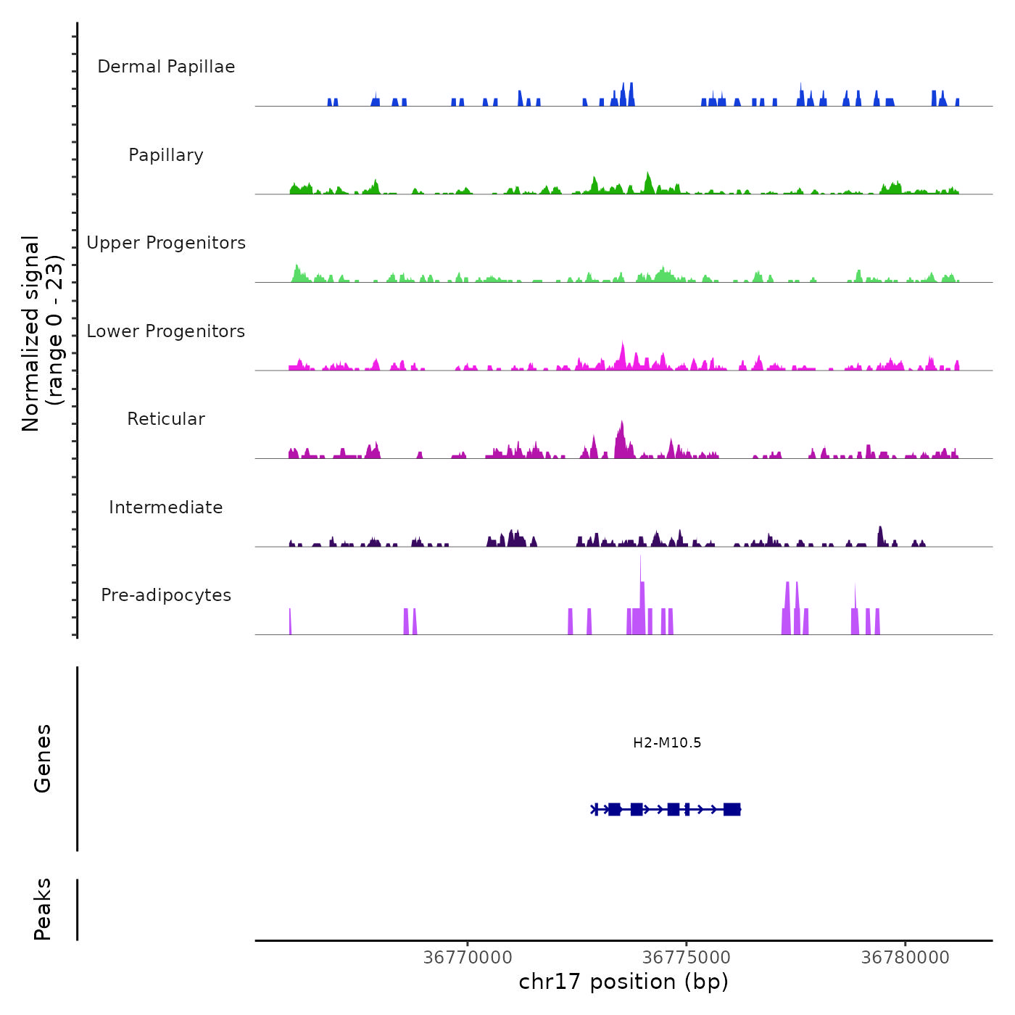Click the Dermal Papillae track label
(x=166, y=67)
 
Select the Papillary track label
(x=166, y=155)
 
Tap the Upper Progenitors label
(x=166, y=243)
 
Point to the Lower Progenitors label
(x=166, y=331)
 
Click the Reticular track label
(x=166, y=419)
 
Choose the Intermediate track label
(x=166, y=507)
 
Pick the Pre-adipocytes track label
(x=166, y=595)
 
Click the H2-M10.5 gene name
(x=667, y=742)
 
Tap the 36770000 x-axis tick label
(x=468, y=958)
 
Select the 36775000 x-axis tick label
(x=687, y=958)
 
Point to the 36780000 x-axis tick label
(x=905, y=958)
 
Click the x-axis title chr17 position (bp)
(x=623, y=982)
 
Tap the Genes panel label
(x=43, y=758)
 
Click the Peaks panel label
(x=43, y=909)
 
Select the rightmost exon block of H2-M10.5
(x=732, y=809)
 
